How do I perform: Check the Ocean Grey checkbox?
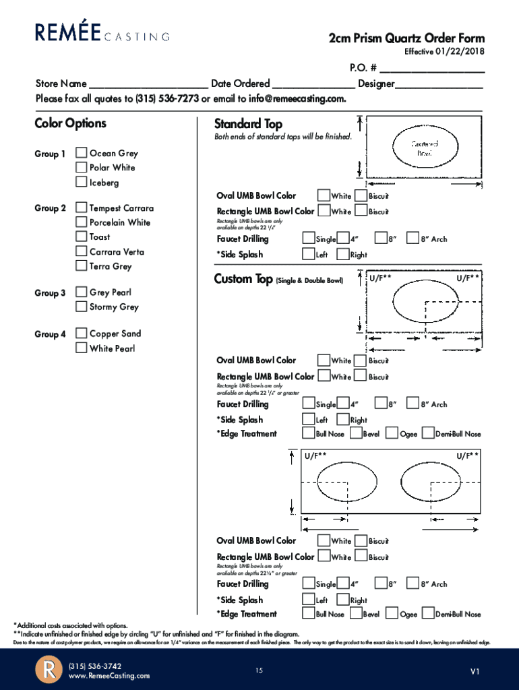pyautogui.click(x=81, y=153)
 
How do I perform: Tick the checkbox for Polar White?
pyautogui.click(x=81, y=167)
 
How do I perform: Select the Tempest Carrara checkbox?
pyautogui.click(x=81, y=208)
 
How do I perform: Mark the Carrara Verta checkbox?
pyautogui.click(x=81, y=251)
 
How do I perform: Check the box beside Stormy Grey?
pyautogui.click(x=81, y=307)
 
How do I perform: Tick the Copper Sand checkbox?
pyautogui.click(x=81, y=334)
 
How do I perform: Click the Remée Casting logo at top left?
pyautogui.click(x=102, y=32)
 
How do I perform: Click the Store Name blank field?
pyautogui.click(x=148, y=84)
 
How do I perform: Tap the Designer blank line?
pyautogui.click(x=439, y=84)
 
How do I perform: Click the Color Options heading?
pyautogui.click(x=70, y=123)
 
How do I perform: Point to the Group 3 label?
pyautogui.click(x=50, y=293)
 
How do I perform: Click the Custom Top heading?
pyautogui.click(x=243, y=279)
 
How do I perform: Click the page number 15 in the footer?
pyautogui.click(x=259, y=670)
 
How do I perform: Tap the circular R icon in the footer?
pyautogui.click(x=49, y=670)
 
